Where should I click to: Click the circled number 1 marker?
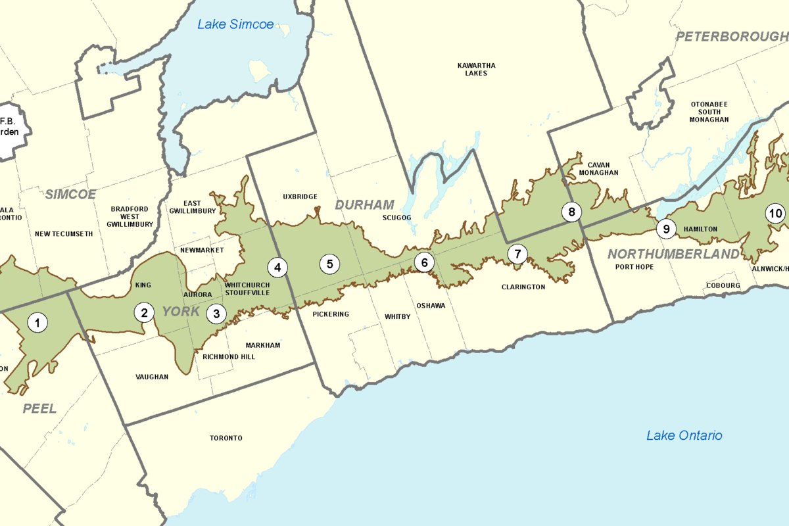click(37, 322)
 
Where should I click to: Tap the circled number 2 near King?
click(144, 312)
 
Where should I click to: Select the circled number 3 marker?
click(216, 314)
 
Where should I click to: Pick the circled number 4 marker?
click(277, 267)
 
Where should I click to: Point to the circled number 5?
click(329, 264)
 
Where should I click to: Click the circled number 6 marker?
click(424, 262)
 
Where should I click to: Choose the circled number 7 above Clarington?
click(517, 254)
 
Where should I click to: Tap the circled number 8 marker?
click(571, 212)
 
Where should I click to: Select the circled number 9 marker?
click(666, 229)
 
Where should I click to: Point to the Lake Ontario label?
click(684, 435)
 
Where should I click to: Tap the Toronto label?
click(226, 438)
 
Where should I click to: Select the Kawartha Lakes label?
click(476, 69)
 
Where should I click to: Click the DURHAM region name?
click(364, 205)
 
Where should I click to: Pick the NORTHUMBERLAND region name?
click(673, 254)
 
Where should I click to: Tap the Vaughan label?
click(152, 377)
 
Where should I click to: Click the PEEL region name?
click(39, 408)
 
